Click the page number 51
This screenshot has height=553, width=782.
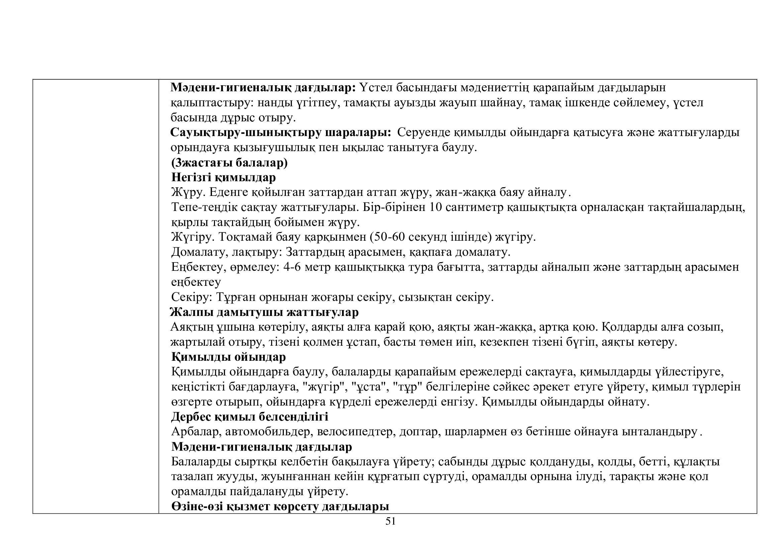[x=390, y=531]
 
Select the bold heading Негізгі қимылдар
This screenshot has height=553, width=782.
[x=223, y=178]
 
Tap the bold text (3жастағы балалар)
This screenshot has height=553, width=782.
[x=229, y=163]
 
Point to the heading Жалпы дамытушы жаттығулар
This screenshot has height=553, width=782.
[x=264, y=312]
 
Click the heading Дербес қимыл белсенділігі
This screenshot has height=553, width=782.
[x=250, y=417]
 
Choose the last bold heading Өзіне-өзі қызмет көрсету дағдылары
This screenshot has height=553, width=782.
[x=280, y=507]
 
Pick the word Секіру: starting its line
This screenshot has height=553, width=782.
[x=192, y=297]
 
